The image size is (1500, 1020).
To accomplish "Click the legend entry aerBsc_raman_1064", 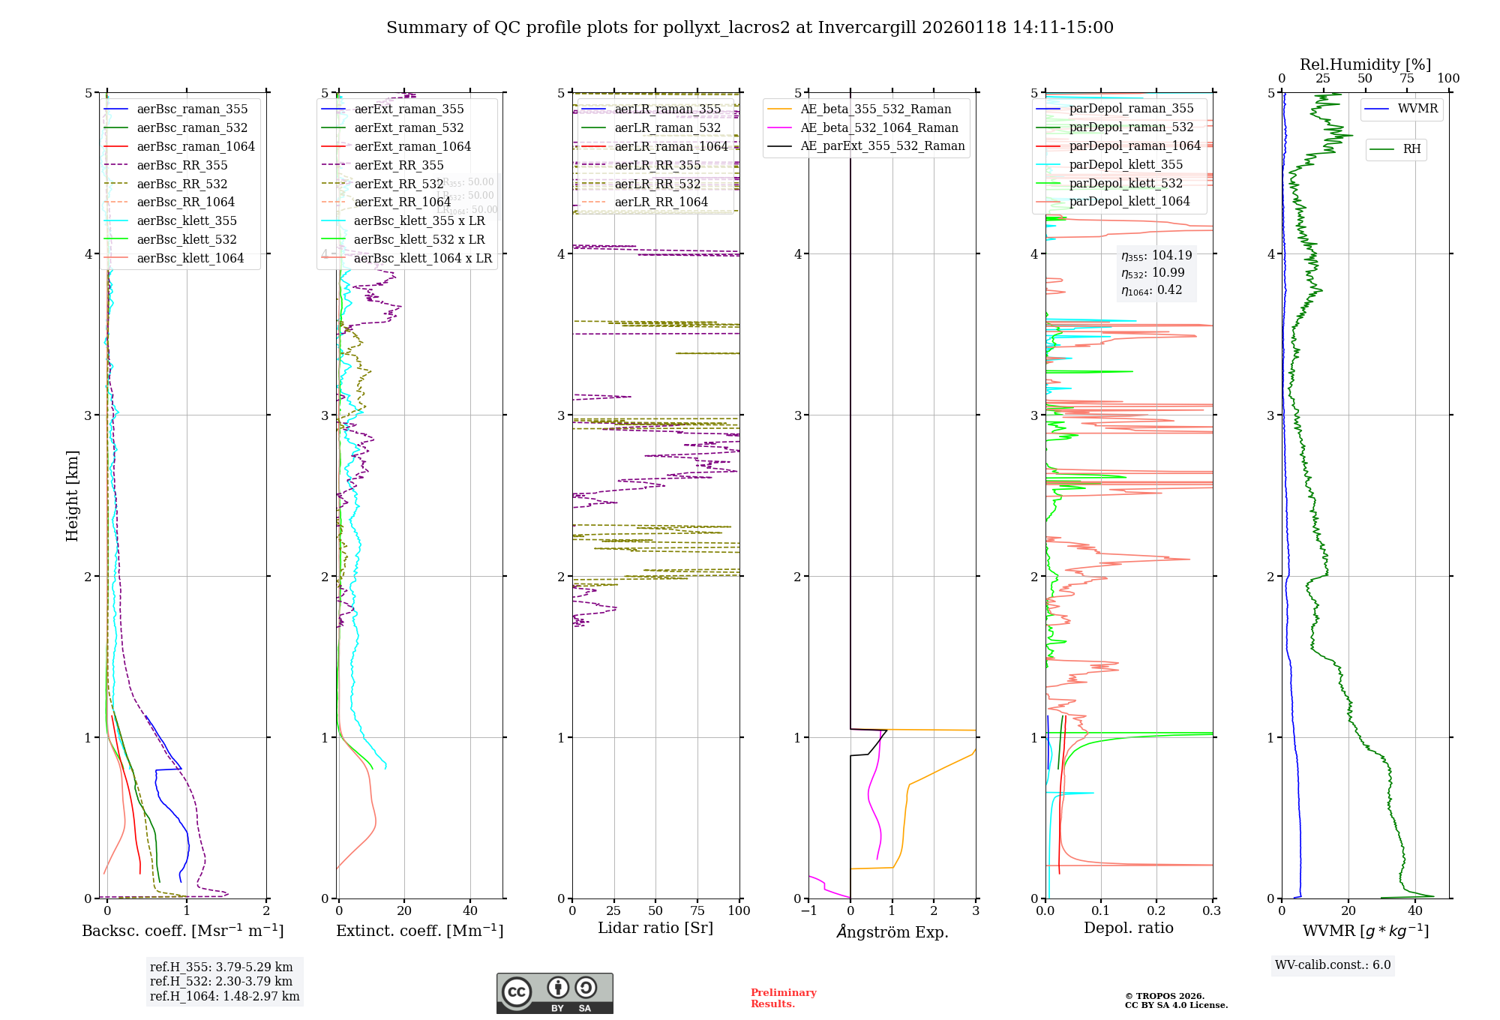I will pos(195,146).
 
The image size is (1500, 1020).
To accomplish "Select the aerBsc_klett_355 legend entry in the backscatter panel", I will pos(186,220).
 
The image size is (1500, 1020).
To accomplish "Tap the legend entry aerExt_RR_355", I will pos(398,165).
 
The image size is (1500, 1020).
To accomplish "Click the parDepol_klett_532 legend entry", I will pos(1125,183).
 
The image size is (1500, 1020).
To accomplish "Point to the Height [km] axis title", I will pos(72,495).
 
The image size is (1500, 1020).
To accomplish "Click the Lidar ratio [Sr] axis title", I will pos(655,928).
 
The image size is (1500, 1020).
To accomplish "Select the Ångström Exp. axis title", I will pos(892,931).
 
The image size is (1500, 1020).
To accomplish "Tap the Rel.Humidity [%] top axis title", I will pos(1365,64).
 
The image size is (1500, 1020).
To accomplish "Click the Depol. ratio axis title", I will pos(1128,928).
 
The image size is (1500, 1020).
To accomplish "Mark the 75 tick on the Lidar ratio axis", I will pos(697,910).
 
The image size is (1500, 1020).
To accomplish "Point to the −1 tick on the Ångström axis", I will pos(808,910).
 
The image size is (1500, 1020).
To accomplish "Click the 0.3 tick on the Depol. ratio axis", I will pos(1211,910).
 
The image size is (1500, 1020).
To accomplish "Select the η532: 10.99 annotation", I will pos(1153,273).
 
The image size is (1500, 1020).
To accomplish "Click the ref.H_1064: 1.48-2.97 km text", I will pos(224,996).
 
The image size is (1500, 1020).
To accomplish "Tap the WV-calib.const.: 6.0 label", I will pos(1332,964).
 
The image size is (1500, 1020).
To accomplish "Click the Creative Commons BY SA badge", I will pos(554,993).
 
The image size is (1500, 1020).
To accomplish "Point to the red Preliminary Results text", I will pos(783,997).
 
